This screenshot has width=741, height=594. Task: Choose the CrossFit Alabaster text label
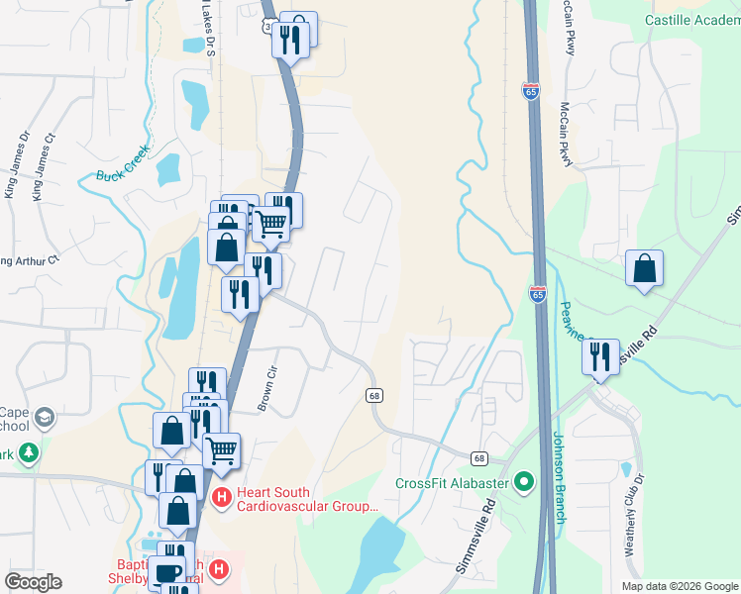[x=452, y=483]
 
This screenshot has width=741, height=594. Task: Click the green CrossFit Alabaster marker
[x=524, y=483]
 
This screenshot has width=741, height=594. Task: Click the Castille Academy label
[x=692, y=20]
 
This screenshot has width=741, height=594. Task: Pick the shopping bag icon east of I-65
[x=644, y=268]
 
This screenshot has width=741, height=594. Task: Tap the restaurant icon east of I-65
[x=600, y=357]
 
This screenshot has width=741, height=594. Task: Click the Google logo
[x=33, y=582]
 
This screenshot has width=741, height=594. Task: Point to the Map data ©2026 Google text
[x=681, y=586]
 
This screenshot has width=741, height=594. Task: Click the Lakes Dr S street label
[x=208, y=30]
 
